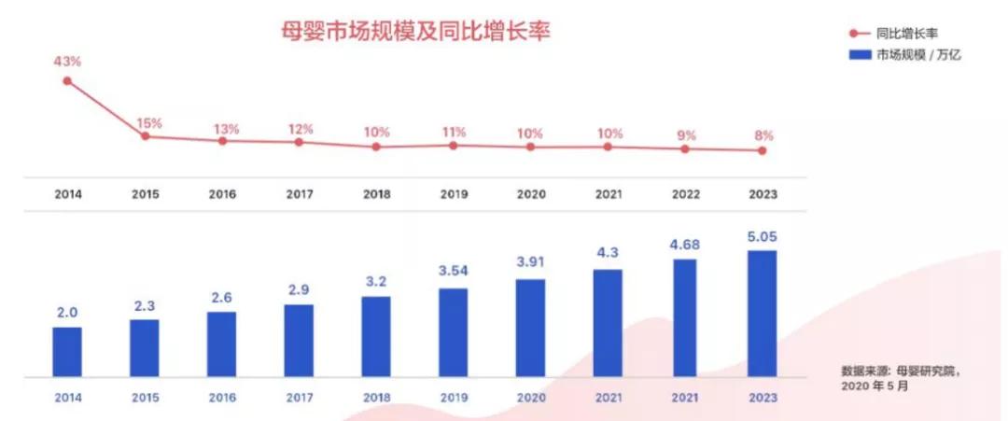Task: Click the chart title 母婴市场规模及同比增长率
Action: tap(416, 32)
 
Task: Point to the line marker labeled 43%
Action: tap(67, 81)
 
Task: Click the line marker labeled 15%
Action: tap(145, 136)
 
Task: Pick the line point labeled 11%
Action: tap(454, 145)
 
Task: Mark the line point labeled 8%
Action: tap(762, 150)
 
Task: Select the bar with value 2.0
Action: tap(67, 352)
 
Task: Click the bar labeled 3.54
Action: tap(454, 332)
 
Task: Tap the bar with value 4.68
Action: tap(685, 317)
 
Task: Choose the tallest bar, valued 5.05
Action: tap(762, 313)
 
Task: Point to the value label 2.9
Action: tap(299, 290)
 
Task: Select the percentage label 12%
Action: tap(299, 129)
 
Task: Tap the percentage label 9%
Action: tap(685, 134)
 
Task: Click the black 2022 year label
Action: tap(685, 195)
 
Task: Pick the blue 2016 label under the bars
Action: tap(222, 398)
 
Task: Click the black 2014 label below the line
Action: tap(67, 195)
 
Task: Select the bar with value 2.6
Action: tap(222, 344)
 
